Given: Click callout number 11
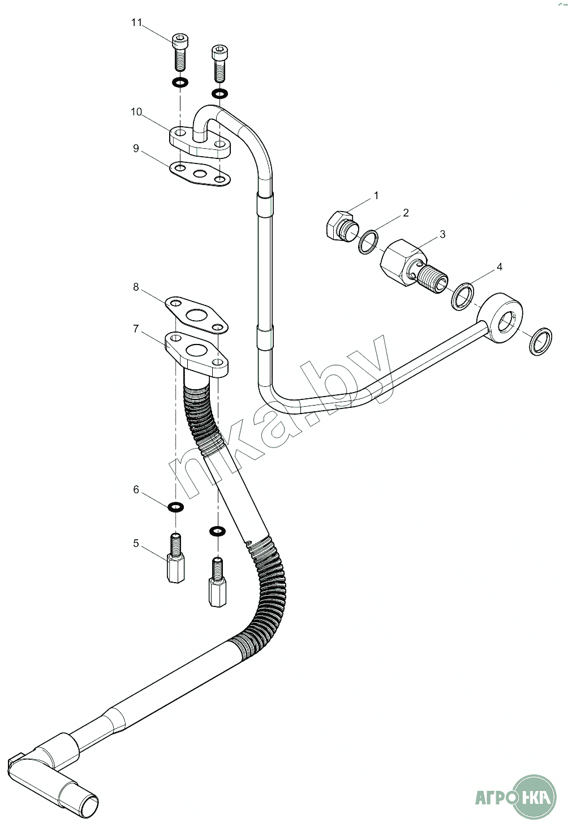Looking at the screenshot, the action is pos(136,23).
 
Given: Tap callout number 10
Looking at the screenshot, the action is pos(136,111).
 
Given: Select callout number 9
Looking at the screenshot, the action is pos(136,148).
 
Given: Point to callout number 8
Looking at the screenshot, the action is pos(136,287).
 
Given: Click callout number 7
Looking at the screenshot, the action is pos(136,329).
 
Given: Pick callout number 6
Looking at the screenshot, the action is pos(136,489).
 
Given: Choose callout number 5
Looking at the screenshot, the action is pos(136,544).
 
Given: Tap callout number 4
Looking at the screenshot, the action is pos(498,266).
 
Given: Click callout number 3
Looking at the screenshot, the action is pos(443,234).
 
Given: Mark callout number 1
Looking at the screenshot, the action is pos(376,196).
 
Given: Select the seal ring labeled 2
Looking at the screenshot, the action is pos(369,242).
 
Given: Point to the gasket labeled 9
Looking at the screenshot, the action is pos(200,173).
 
